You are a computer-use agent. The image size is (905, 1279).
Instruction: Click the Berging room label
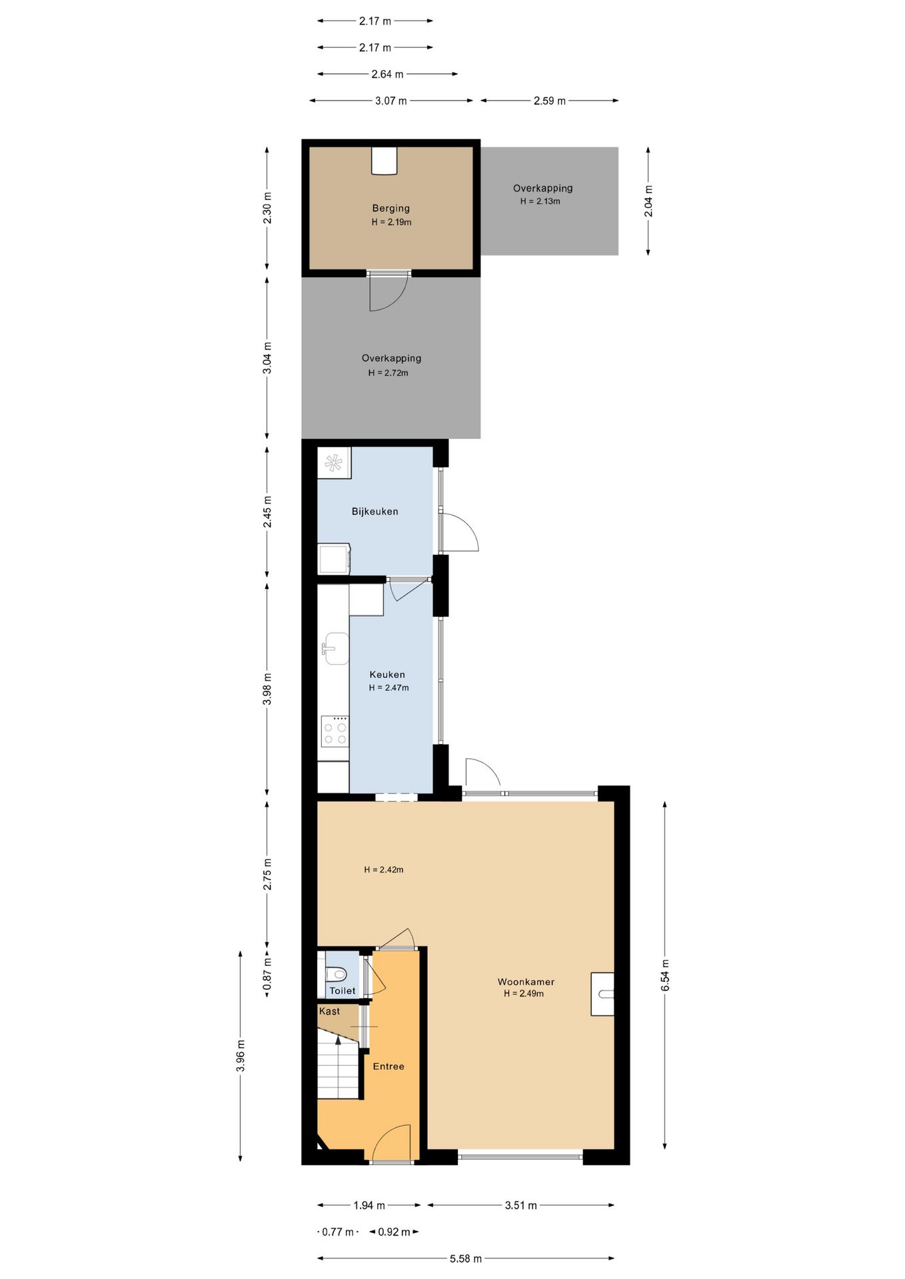(x=391, y=209)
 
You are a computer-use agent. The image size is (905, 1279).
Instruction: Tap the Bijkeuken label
(x=375, y=512)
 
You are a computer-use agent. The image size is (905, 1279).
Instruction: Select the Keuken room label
(x=387, y=675)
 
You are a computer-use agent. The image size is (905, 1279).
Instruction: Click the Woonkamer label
(x=526, y=982)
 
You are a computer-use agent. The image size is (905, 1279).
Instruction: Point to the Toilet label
(x=343, y=991)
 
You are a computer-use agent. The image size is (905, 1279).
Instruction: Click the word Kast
(x=329, y=1011)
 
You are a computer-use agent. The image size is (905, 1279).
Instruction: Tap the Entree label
(x=389, y=1066)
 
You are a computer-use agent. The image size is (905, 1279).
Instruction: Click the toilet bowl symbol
(x=337, y=975)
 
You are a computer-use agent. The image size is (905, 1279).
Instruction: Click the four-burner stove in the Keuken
(x=335, y=731)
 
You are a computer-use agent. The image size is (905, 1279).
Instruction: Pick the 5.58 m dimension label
(x=465, y=1258)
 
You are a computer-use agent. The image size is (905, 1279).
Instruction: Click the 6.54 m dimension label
(x=665, y=975)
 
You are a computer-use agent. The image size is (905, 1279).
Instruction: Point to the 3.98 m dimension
(x=267, y=689)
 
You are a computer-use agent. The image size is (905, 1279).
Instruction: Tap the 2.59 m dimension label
(x=549, y=101)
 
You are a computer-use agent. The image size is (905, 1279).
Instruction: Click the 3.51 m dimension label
(x=520, y=1205)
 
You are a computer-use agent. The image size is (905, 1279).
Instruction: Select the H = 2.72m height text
(x=389, y=373)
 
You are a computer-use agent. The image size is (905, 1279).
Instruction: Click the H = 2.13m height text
(x=540, y=201)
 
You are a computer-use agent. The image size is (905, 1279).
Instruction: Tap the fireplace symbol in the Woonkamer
(x=603, y=994)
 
